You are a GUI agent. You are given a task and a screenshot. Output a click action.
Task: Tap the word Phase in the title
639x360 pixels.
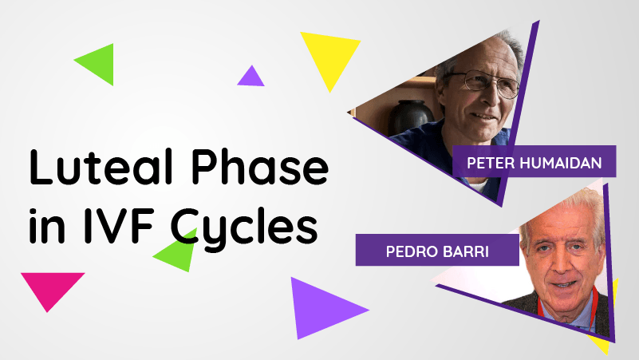[x=260, y=166]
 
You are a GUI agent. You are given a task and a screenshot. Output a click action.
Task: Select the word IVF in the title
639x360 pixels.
[x=120, y=225]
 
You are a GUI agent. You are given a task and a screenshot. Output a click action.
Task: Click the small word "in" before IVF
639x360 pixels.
[x=47, y=226]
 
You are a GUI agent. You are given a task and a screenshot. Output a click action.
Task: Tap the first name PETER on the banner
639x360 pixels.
[x=491, y=163]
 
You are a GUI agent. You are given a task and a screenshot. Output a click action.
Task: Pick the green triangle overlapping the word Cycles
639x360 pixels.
[x=178, y=254]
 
